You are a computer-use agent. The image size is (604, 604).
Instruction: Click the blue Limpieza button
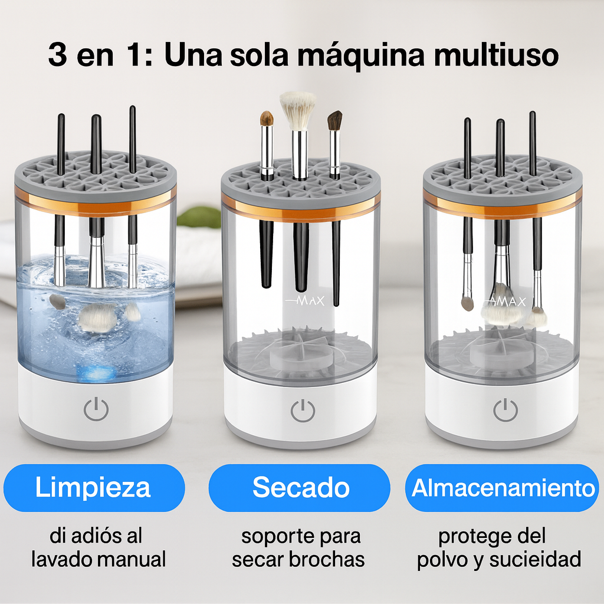(x=94, y=488)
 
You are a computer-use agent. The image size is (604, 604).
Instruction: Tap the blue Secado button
(x=299, y=488)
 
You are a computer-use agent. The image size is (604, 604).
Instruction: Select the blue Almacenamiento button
(x=502, y=488)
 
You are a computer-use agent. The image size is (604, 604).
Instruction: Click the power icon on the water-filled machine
(x=96, y=409)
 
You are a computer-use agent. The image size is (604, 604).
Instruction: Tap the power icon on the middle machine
(x=303, y=411)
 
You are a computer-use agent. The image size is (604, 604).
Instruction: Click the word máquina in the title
(x=361, y=55)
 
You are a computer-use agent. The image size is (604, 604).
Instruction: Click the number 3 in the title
(x=57, y=54)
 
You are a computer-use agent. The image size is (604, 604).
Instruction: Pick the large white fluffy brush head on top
(x=298, y=110)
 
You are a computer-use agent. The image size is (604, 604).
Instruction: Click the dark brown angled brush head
(x=335, y=120)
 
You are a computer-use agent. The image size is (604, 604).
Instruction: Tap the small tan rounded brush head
(x=267, y=119)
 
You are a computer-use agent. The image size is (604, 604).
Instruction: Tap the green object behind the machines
(x=199, y=217)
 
